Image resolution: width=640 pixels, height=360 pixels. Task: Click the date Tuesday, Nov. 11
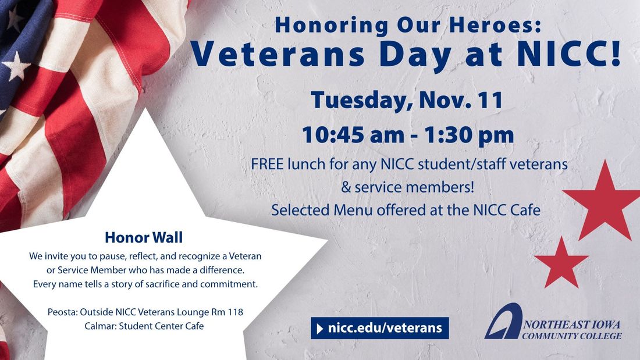[x=407, y=99]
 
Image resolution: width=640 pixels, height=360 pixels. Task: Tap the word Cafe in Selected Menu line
[x=524, y=210]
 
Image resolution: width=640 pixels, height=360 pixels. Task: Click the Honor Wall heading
[x=144, y=237]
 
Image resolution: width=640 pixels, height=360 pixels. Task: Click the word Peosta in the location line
[x=62, y=312]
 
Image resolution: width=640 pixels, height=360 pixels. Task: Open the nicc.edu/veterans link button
[x=379, y=328]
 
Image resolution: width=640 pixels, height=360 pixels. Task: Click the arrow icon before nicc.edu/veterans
[x=319, y=329]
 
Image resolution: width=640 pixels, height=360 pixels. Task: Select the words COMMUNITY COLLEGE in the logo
[x=572, y=336]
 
